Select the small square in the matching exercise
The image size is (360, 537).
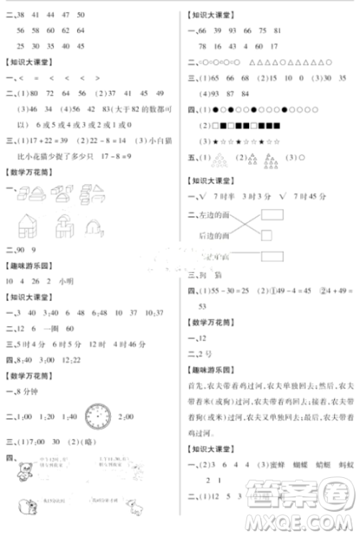[x=266, y=234]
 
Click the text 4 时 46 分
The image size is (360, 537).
[x=104, y=342]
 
